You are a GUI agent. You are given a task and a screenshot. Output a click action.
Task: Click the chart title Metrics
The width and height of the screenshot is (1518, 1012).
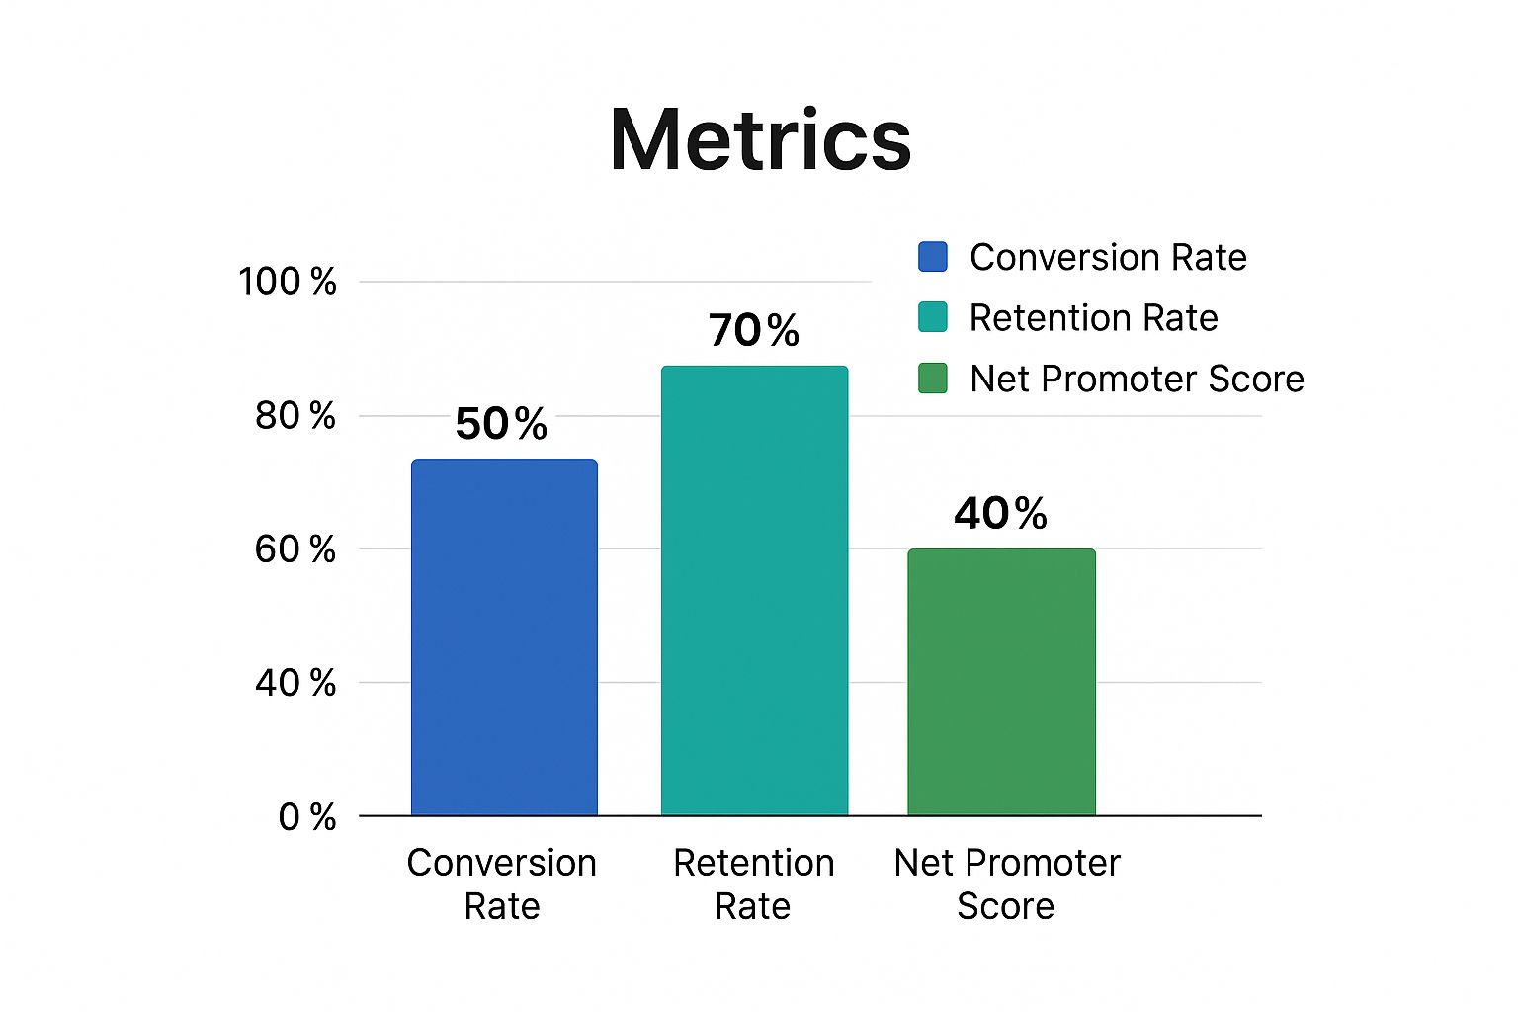click(x=760, y=139)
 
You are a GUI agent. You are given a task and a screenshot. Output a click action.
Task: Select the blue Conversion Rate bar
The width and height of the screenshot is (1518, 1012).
click(x=504, y=637)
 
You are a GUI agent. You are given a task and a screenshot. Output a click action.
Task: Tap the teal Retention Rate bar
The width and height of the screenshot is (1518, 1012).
click(x=754, y=591)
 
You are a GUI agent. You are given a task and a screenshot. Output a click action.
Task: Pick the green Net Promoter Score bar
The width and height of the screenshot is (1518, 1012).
click(x=1001, y=682)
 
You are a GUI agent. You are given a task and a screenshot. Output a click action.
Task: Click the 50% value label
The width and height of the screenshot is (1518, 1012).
click(x=501, y=424)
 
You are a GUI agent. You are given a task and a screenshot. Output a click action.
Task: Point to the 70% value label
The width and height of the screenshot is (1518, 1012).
click(x=754, y=330)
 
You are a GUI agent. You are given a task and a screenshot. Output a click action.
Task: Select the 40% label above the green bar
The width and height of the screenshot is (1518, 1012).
click(x=1000, y=513)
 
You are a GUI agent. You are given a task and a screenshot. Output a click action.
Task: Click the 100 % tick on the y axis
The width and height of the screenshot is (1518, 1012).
click(x=288, y=282)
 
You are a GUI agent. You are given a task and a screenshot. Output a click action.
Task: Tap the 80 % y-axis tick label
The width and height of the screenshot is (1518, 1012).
click(x=295, y=416)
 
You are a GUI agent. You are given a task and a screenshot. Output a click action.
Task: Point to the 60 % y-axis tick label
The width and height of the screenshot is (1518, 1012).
click(x=295, y=549)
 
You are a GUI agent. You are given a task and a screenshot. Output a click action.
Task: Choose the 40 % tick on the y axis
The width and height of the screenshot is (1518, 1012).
click(x=295, y=683)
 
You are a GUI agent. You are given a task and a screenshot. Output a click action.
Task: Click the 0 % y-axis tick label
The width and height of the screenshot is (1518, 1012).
click(x=306, y=817)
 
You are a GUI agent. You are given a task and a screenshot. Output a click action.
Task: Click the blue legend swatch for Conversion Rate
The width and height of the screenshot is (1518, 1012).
click(x=932, y=257)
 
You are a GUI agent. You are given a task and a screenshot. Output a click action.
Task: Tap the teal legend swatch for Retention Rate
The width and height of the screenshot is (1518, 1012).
click(x=932, y=317)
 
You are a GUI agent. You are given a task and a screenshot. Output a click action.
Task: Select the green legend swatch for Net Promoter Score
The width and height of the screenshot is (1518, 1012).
click(x=932, y=379)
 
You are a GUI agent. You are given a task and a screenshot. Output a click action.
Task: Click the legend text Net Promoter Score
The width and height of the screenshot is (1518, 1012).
click(x=1137, y=379)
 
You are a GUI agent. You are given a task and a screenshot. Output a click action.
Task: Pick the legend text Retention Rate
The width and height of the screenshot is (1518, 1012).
click(x=1093, y=318)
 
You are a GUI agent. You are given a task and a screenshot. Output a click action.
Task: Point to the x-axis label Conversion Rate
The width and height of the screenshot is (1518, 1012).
click(x=502, y=885)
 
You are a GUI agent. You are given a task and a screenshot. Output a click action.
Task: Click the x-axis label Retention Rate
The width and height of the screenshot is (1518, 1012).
click(x=753, y=885)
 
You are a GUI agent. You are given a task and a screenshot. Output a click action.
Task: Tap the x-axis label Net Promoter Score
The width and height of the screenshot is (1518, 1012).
click(x=1006, y=885)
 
